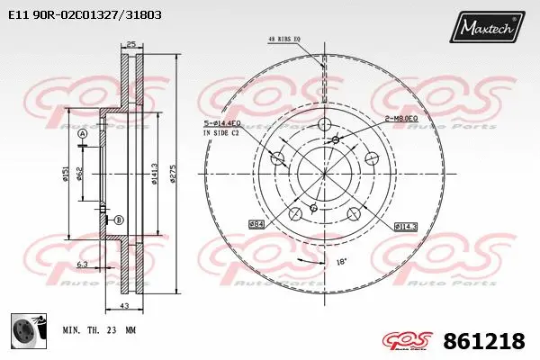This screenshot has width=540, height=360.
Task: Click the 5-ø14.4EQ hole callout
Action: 225,124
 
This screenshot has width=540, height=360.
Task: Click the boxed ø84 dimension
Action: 256,223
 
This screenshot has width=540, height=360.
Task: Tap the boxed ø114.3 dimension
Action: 406,227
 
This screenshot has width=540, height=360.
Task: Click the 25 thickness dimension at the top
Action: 130,44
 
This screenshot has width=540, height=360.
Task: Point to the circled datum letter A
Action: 83,134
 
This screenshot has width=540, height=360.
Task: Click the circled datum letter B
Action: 117,220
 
